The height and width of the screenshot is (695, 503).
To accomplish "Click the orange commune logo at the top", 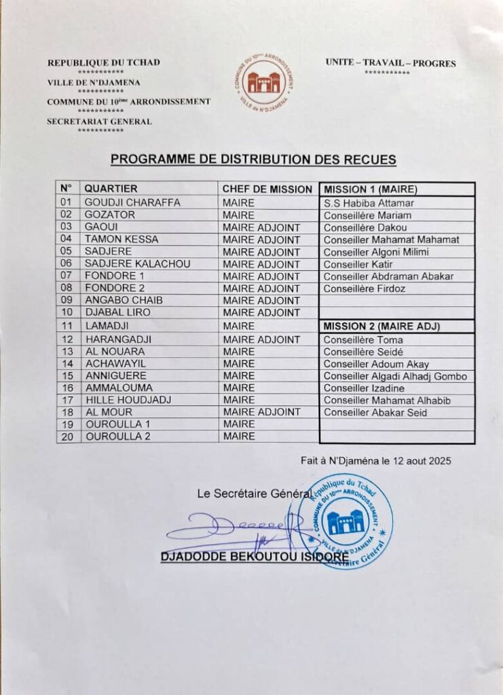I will [x=265, y=82].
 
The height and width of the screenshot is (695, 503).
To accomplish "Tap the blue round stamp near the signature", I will [x=344, y=521].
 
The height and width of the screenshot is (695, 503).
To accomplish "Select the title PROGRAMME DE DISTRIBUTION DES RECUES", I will [x=253, y=159].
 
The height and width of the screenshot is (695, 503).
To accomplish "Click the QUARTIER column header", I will [x=111, y=189].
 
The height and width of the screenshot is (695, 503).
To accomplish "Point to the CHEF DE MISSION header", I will [x=267, y=189].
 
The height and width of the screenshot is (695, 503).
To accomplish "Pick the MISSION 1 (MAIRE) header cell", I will [x=370, y=189].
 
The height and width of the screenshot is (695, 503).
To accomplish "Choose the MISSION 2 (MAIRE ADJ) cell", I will [x=381, y=326].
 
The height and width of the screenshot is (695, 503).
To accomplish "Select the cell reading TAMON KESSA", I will [x=121, y=240].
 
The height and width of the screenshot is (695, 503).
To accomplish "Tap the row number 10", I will [x=67, y=313].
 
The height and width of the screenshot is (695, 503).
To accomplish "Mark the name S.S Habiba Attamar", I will [x=369, y=203].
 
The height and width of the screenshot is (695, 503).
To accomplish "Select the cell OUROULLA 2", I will [x=117, y=436].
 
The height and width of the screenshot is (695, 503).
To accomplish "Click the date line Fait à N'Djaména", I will [x=375, y=461].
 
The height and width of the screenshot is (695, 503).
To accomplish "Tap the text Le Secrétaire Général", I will [x=255, y=494].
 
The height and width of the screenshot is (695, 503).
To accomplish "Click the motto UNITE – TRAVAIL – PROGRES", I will [x=390, y=64].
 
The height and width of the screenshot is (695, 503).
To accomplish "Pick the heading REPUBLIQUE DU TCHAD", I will [x=103, y=62].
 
